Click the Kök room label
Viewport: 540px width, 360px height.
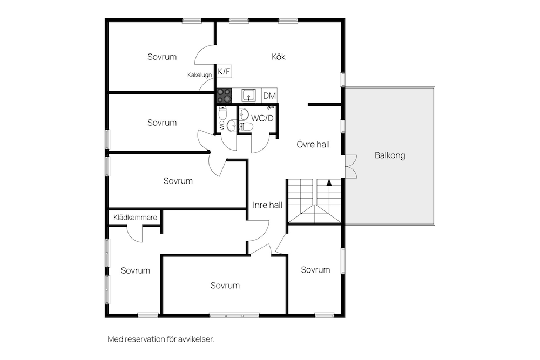[x=278, y=57]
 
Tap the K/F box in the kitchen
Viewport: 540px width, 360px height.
[x=224, y=71]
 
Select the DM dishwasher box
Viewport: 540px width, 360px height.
[x=269, y=96]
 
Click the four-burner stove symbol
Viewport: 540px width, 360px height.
[x=224, y=96]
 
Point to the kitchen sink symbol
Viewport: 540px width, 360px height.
[x=248, y=96]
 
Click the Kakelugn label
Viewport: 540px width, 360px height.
[x=199, y=74]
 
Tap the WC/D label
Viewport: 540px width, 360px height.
[x=262, y=118]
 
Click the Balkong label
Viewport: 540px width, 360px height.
[x=390, y=155]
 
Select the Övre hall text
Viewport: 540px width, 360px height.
[x=313, y=144]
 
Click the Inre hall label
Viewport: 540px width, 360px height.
[x=267, y=205]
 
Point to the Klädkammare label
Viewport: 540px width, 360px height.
[x=135, y=217]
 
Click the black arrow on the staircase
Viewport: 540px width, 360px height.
[x=329, y=182]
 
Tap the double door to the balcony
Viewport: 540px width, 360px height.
[x=351, y=167]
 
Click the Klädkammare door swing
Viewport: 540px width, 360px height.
[x=134, y=234]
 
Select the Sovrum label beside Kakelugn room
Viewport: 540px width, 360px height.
[x=162, y=57]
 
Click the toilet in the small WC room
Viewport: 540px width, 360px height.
[x=223, y=113]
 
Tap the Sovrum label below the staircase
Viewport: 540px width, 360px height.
[x=315, y=269]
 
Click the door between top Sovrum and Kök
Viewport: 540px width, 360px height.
[x=205, y=55]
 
